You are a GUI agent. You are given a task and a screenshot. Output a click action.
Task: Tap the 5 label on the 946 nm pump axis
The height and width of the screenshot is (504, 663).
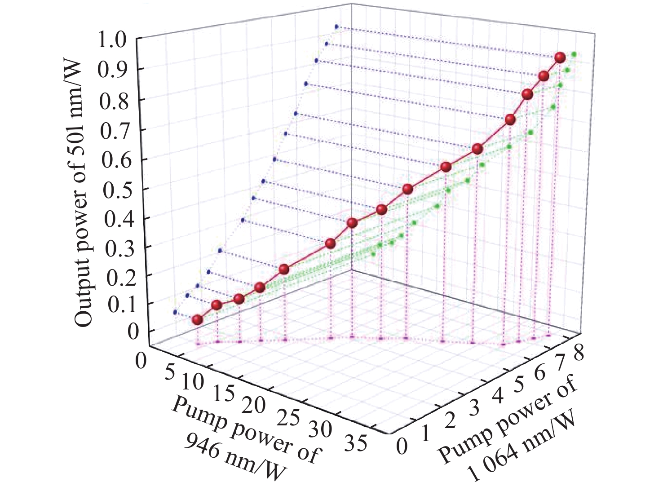pos(170,373)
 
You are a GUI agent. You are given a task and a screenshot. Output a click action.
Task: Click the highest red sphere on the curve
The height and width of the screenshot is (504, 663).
pos(559,57)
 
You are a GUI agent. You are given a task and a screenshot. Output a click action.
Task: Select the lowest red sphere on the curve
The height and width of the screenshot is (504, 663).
pos(197,320)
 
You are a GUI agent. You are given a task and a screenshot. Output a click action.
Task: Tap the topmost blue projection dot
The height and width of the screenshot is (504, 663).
pos(336,27)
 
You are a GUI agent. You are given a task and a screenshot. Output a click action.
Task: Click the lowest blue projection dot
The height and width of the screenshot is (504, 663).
pos(175,312)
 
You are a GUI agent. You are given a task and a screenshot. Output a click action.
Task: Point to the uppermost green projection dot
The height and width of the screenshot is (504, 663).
pos(574,54)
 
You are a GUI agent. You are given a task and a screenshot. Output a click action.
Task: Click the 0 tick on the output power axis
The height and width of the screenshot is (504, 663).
pos(133,332)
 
